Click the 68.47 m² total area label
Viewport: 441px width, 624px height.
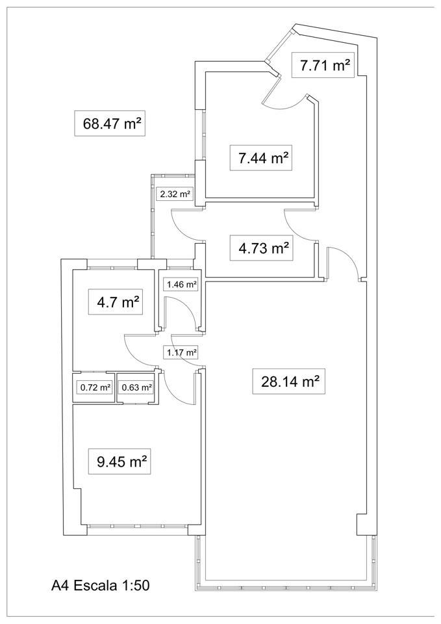pyautogui.click(x=110, y=123)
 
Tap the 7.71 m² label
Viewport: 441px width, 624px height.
pyautogui.click(x=323, y=65)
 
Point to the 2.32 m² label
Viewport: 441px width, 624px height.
pyautogui.click(x=175, y=194)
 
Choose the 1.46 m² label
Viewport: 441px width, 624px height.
pyautogui.click(x=182, y=285)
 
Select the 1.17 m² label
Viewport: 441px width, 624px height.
pyautogui.click(x=181, y=352)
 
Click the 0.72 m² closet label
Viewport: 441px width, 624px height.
pyautogui.click(x=94, y=387)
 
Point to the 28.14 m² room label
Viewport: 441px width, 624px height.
pyautogui.click(x=289, y=382)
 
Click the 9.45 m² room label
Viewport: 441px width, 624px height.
pyautogui.click(x=120, y=461)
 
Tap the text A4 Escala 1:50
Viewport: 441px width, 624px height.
pyautogui.click(x=101, y=586)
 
